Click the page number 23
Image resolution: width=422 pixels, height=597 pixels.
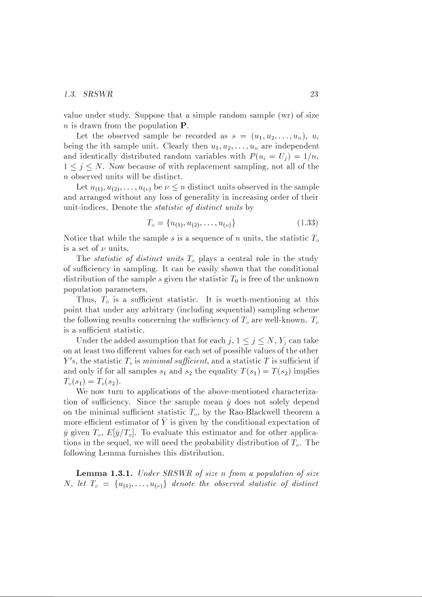[313, 94]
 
